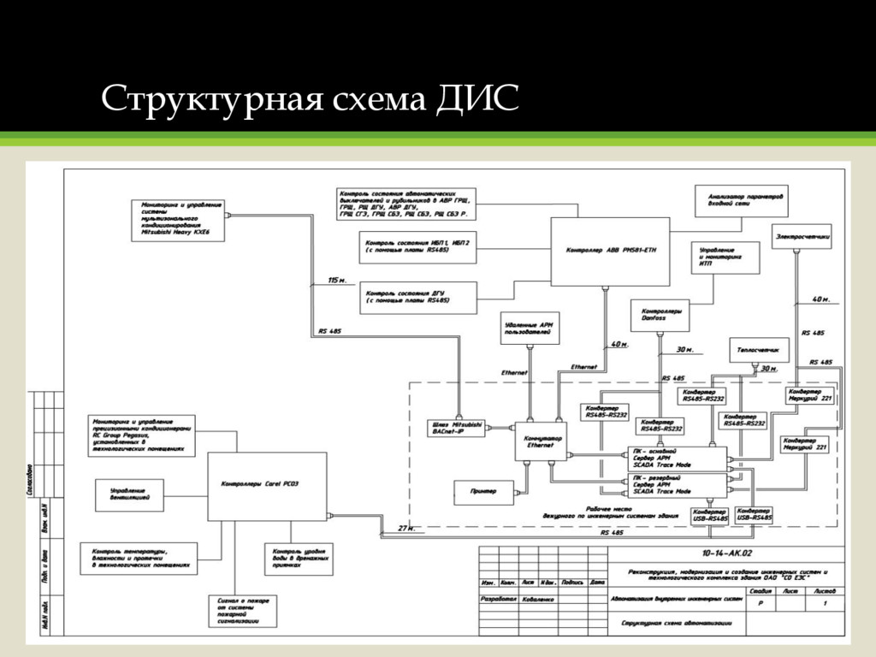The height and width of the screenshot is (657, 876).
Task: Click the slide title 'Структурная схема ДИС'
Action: tap(310, 100)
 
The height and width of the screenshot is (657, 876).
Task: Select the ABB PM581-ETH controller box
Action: tap(609, 252)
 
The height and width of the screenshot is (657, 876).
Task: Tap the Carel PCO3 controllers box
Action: tap(267, 486)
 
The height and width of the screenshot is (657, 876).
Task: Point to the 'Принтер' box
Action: tap(483, 492)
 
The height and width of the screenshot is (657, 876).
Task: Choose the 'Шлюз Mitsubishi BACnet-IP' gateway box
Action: tap(457, 429)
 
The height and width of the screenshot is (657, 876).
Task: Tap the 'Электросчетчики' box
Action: tap(802, 237)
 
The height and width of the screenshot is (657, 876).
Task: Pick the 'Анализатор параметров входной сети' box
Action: tap(738, 200)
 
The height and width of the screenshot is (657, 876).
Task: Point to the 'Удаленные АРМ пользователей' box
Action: tap(530, 327)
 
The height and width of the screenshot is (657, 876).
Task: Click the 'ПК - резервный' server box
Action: tap(676, 485)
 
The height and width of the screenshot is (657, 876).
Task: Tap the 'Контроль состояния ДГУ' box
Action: tap(417, 297)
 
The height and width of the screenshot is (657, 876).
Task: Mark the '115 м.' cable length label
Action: tap(337, 280)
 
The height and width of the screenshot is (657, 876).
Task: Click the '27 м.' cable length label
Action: tap(406, 528)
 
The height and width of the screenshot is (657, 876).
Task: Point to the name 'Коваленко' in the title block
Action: tap(538, 600)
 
